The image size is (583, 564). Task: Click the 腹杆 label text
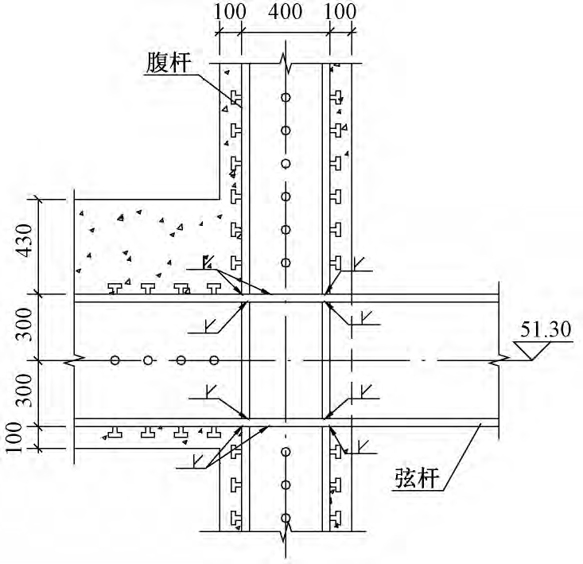coord(168,63)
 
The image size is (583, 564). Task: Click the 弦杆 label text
coord(417,477)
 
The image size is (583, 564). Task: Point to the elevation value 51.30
coord(545,329)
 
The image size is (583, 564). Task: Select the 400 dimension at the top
coord(286,12)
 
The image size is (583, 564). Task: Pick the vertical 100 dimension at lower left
coord(14,438)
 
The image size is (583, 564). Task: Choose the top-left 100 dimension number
coord(230,12)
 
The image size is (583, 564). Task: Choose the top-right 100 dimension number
coord(340,12)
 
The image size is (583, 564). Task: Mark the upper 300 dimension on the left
coord(25,325)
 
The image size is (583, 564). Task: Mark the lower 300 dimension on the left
coord(25,391)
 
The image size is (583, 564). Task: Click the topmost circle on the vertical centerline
coord(286,97)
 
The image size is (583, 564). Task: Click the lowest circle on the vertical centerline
coord(286,518)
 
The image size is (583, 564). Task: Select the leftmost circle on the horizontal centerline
coord(115,360)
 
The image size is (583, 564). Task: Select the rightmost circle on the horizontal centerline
coord(214,360)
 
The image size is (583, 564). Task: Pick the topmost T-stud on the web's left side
coord(235,97)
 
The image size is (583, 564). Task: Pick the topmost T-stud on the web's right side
coord(336,97)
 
